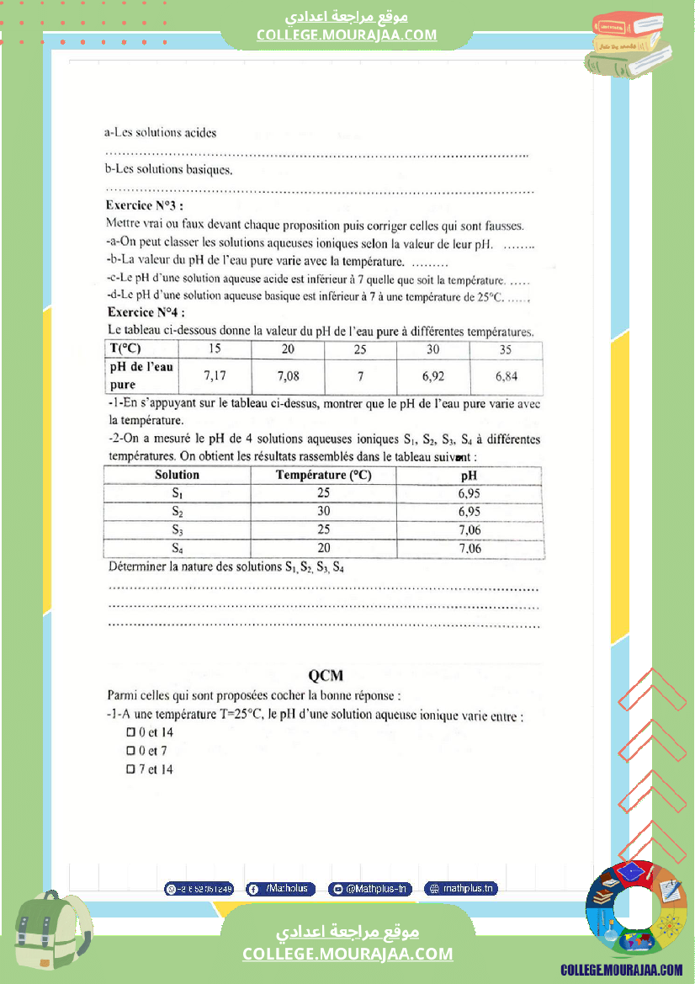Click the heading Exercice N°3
point(144,205)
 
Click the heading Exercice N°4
point(146,312)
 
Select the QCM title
point(326,675)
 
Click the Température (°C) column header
point(323,475)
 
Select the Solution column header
point(177,475)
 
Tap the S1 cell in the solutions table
point(177,493)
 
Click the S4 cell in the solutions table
point(177,549)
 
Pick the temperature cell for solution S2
point(323,512)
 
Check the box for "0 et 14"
point(130,732)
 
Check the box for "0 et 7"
point(130,751)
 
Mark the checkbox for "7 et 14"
point(130,769)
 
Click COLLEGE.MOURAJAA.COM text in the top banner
point(347,35)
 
